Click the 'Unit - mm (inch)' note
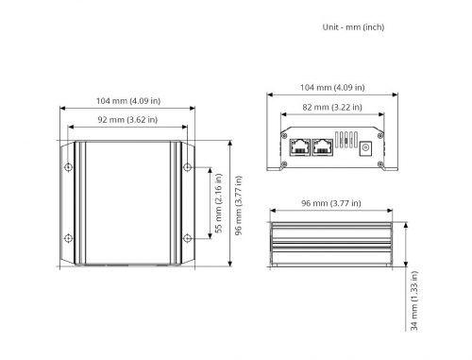coord(353,27)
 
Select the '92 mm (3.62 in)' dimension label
coord(127,120)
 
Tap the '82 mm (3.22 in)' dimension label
coord(332,107)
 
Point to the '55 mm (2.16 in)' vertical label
coord(218,203)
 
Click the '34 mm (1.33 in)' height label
coord(414,300)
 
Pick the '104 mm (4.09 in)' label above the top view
coord(128,101)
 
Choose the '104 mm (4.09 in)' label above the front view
coord(332,87)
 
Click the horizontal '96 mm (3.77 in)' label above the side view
coord(331,203)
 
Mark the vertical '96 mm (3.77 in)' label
coord(239,205)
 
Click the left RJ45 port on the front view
coord(300,147)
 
